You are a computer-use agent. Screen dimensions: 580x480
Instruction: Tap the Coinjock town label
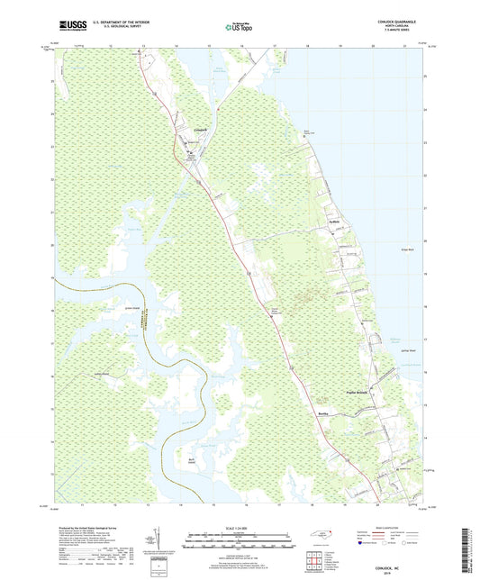coord(202,130)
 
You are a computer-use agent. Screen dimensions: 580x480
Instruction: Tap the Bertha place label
coord(325,408)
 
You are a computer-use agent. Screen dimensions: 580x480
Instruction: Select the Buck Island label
coord(192,458)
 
